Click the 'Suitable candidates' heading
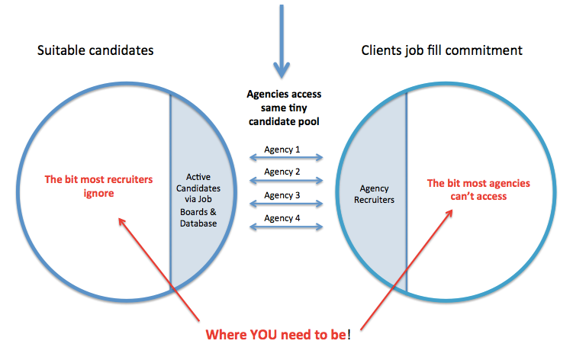[x=95, y=51]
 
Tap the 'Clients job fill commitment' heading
[x=442, y=51]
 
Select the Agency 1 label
[x=283, y=149]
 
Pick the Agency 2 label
[x=283, y=172]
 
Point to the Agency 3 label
[x=283, y=195]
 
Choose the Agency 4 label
[x=283, y=218]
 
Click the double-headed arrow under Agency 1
[x=285, y=159]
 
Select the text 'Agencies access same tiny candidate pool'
[x=284, y=108]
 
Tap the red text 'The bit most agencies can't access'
[x=478, y=189]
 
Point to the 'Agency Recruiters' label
[x=373, y=194]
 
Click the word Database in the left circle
[x=201, y=223]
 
